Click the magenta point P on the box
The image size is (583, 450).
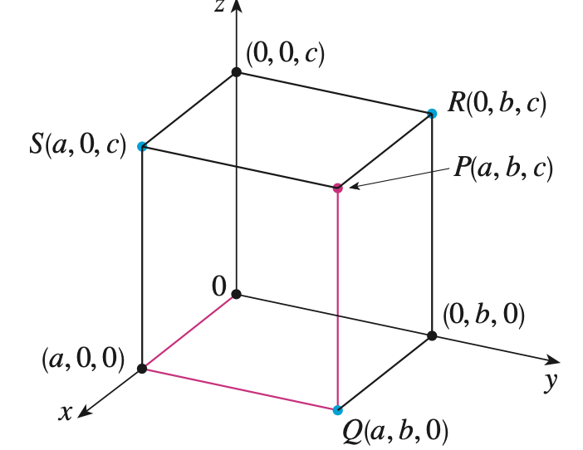click(337, 188)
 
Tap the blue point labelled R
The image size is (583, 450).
click(432, 113)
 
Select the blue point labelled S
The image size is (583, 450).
click(142, 147)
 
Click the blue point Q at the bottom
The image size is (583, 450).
click(337, 410)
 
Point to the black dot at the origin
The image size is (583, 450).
click(237, 294)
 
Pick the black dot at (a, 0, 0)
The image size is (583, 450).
click(142, 368)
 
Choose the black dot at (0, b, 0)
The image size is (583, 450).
click(432, 335)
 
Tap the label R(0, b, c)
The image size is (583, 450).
click(497, 105)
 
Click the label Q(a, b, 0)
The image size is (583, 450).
click(394, 430)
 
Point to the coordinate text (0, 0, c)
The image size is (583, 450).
click(285, 54)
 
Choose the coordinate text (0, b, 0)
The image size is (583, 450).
click(483, 315)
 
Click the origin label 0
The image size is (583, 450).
click(218, 286)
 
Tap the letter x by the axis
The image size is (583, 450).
click(65, 412)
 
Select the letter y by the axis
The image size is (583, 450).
click(548, 382)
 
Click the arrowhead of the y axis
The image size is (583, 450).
click(553, 360)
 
